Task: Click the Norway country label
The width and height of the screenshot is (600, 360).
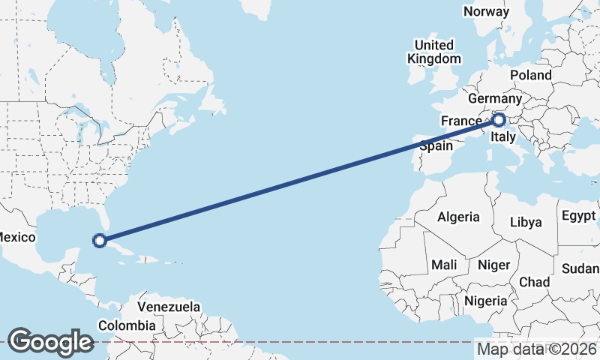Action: point(486,11)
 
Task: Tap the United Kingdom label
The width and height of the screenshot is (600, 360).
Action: point(434,52)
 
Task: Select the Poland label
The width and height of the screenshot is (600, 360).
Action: point(530,75)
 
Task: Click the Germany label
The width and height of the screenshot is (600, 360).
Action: point(494,99)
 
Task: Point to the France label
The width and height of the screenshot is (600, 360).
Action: point(461,121)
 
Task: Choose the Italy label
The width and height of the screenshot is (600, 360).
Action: point(502,137)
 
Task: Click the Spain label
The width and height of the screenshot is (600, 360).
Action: point(436,146)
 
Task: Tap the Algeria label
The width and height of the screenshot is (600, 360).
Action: point(458,217)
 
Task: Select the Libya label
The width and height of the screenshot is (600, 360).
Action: point(525,223)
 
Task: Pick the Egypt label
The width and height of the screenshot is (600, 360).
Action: point(577,217)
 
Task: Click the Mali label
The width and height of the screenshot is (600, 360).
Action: point(444,265)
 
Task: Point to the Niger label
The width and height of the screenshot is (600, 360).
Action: point(493,265)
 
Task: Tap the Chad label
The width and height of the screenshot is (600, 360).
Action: point(534,282)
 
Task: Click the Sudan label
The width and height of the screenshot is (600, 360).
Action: point(581,268)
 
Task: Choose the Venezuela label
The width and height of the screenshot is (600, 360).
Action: point(169,307)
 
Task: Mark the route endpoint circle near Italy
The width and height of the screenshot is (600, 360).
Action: point(498,119)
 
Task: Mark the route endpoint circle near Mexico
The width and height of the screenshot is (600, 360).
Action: point(99,241)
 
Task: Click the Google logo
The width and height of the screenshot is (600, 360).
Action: point(50,341)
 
